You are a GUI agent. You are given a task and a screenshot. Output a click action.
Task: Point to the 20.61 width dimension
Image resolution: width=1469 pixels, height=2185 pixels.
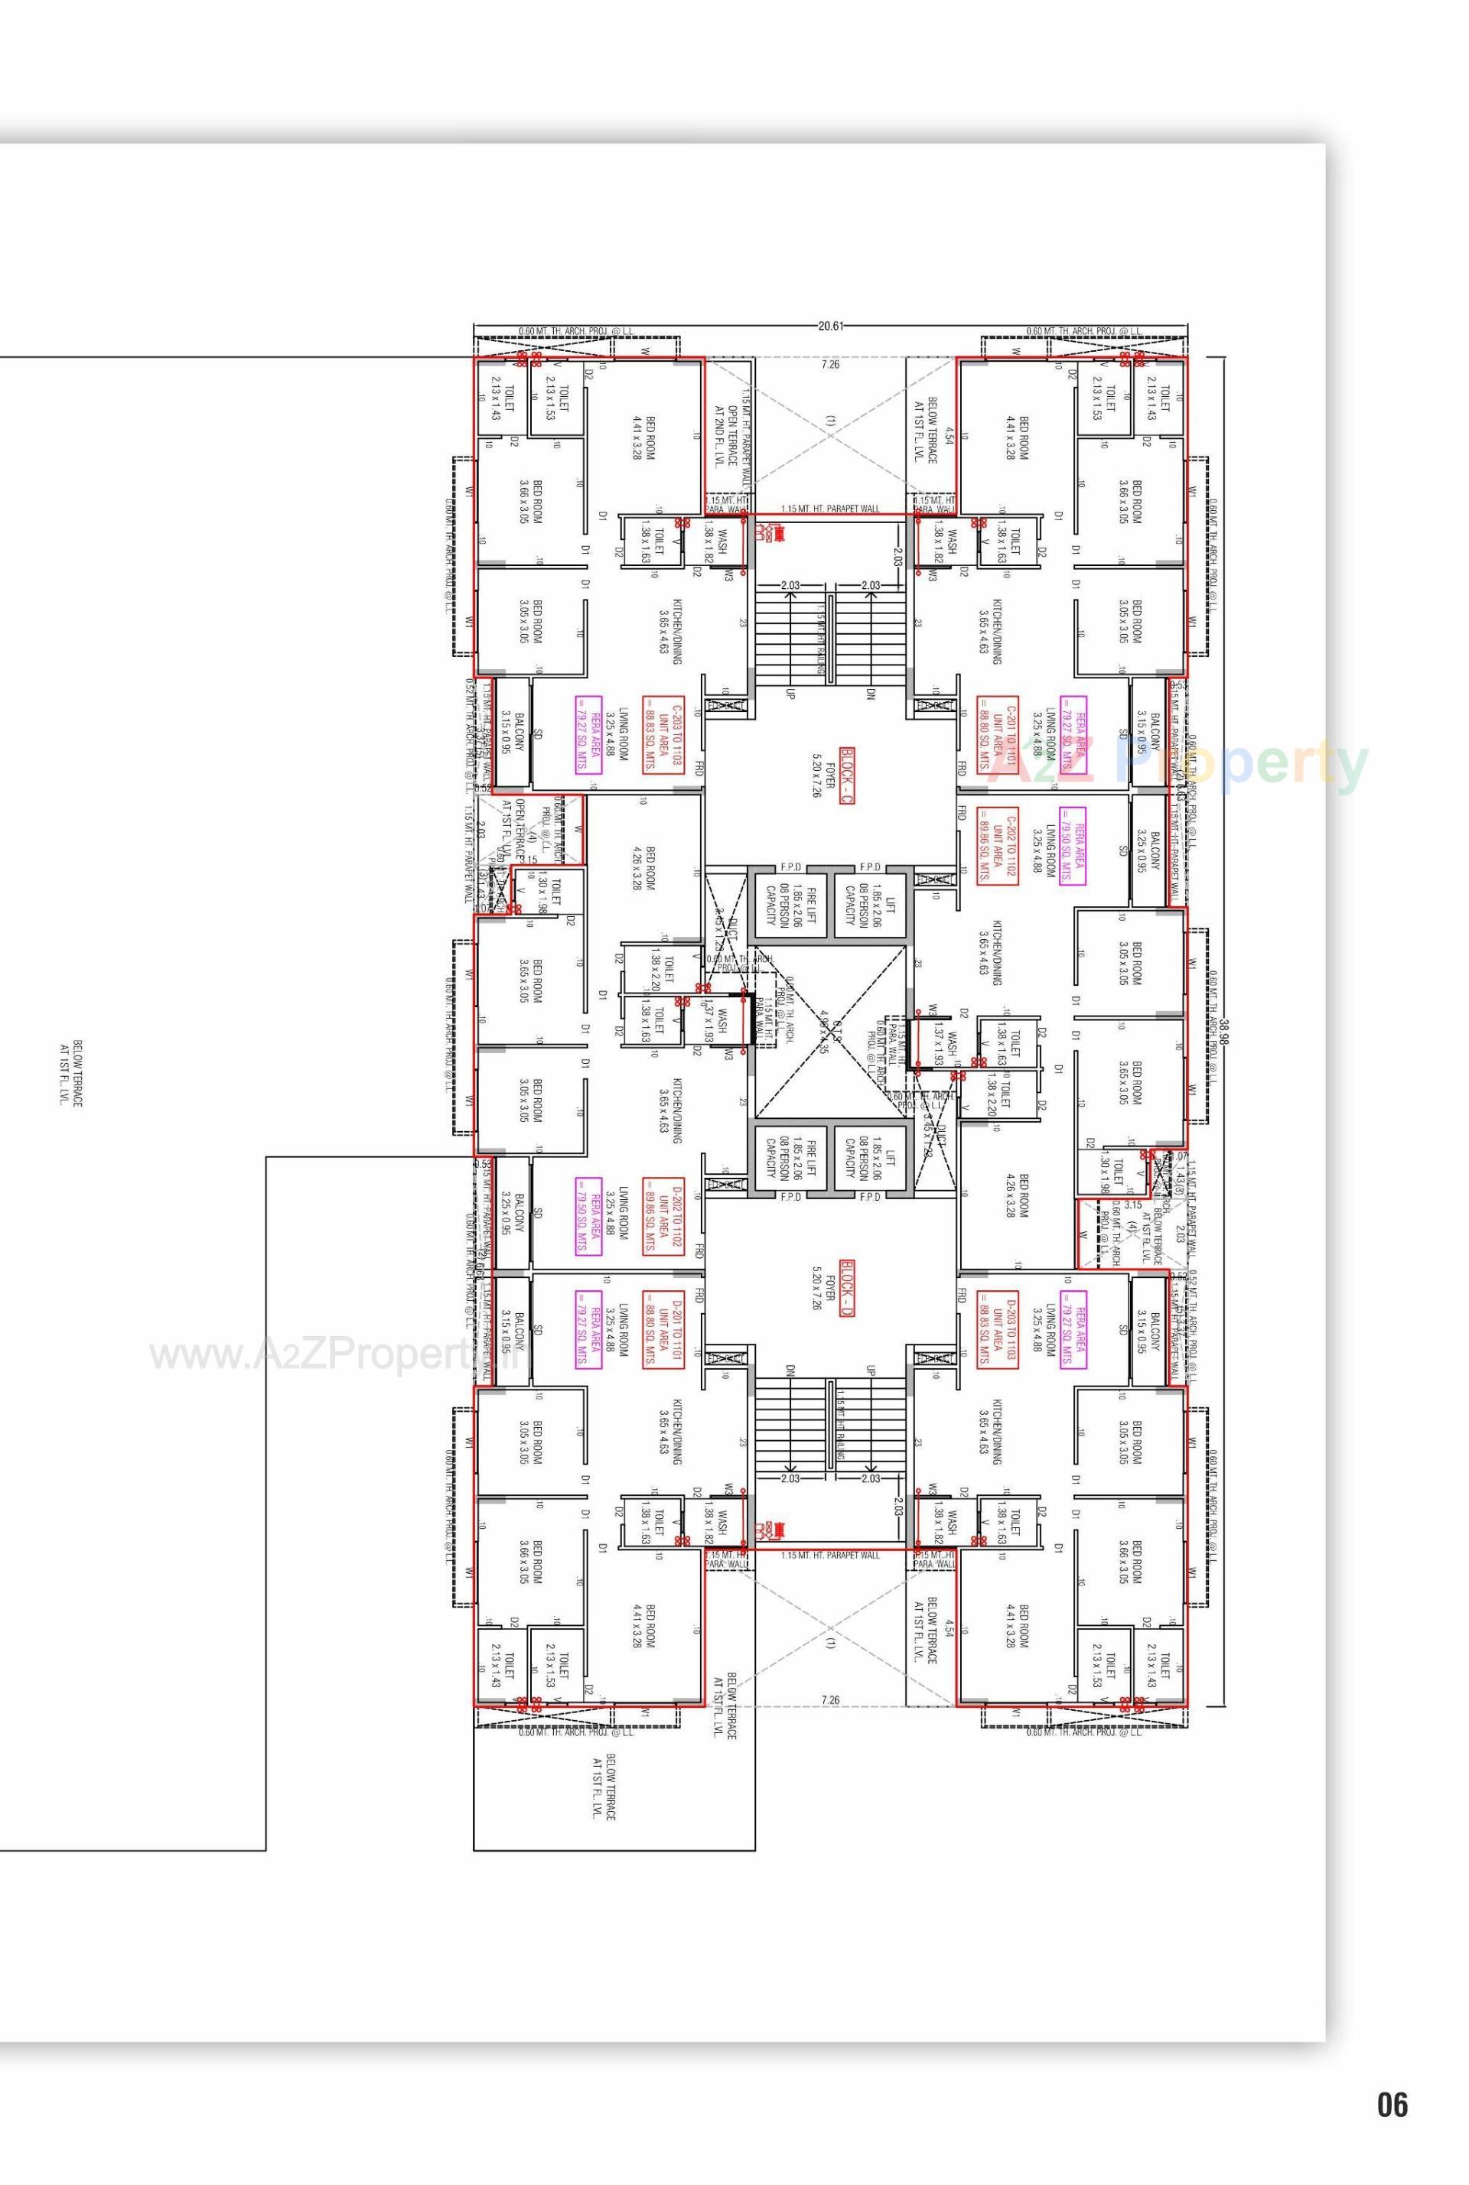pyautogui.click(x=830, y=326)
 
